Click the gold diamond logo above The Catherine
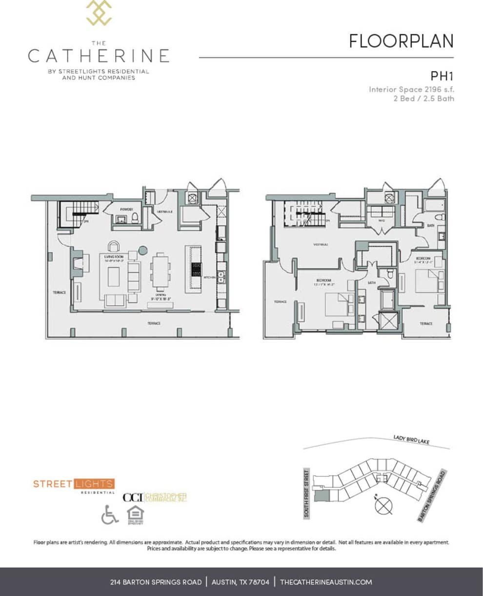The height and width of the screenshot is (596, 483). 99,13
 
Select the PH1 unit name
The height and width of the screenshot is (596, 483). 442,76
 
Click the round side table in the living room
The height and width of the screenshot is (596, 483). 142,251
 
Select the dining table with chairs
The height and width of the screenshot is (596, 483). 161,272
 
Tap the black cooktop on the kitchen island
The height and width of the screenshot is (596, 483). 196,269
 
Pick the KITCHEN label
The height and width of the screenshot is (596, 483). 209,277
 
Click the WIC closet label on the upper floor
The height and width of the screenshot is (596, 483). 382,220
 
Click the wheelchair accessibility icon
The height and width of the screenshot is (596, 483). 110,515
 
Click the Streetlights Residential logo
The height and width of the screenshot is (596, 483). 74,485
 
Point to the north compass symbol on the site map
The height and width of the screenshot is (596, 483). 383,505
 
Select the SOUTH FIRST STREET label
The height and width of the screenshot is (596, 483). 307,493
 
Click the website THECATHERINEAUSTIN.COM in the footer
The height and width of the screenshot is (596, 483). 326,582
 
